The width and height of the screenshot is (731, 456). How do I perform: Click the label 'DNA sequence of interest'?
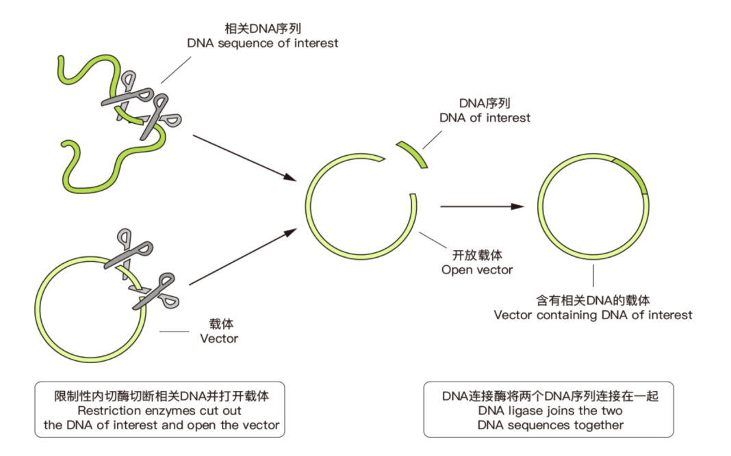click(263, 43)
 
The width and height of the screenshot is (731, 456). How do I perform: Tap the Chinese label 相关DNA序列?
click(263, 29)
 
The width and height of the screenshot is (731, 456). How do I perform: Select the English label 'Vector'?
click(219, 338)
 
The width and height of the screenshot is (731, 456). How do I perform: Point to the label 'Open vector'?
click(477, 269)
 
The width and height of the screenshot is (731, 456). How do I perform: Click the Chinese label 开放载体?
click(477, 255)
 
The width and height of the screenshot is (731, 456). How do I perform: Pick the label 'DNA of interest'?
click(485, 118)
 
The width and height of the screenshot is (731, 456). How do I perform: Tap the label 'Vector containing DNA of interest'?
click(593, 315)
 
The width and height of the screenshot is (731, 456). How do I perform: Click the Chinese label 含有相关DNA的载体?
click(593, 300)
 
